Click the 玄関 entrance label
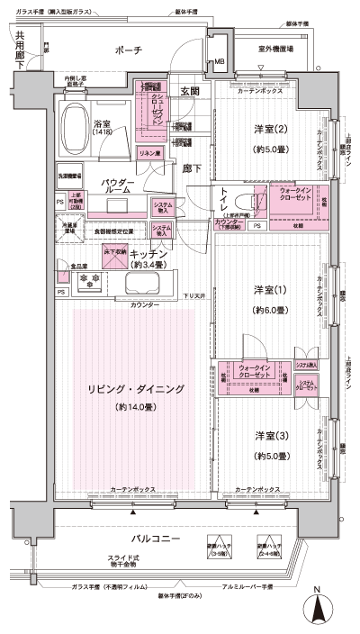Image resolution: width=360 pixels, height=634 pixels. (x=190, y=91)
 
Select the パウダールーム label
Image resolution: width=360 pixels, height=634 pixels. (x=118, y=186)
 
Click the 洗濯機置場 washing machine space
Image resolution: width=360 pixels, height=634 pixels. (x=69, y=177)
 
